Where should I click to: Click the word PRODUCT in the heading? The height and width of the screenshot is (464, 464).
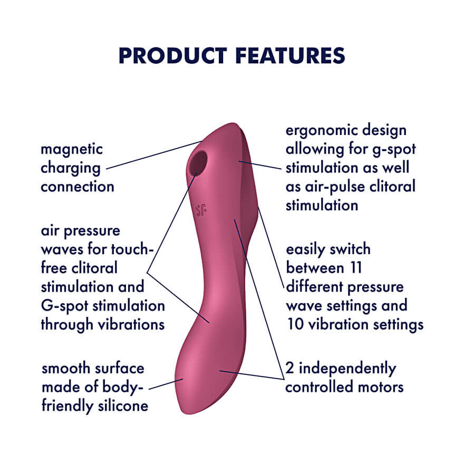click(172, 56)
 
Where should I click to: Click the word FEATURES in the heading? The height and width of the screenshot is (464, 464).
click(291, 56)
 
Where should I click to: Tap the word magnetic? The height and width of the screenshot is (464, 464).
click(72, 150)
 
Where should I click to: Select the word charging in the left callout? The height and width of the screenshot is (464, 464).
click(71, 169)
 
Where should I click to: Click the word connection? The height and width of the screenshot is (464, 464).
click(78, 187)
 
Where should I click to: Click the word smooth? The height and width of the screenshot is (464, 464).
click(66, 369)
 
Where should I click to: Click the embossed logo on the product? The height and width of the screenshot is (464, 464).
click(201, 209)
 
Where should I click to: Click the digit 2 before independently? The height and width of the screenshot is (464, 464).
click(289, 368)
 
